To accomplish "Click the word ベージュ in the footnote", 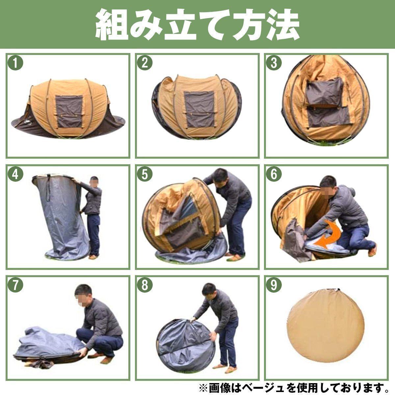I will click(287, 386).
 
